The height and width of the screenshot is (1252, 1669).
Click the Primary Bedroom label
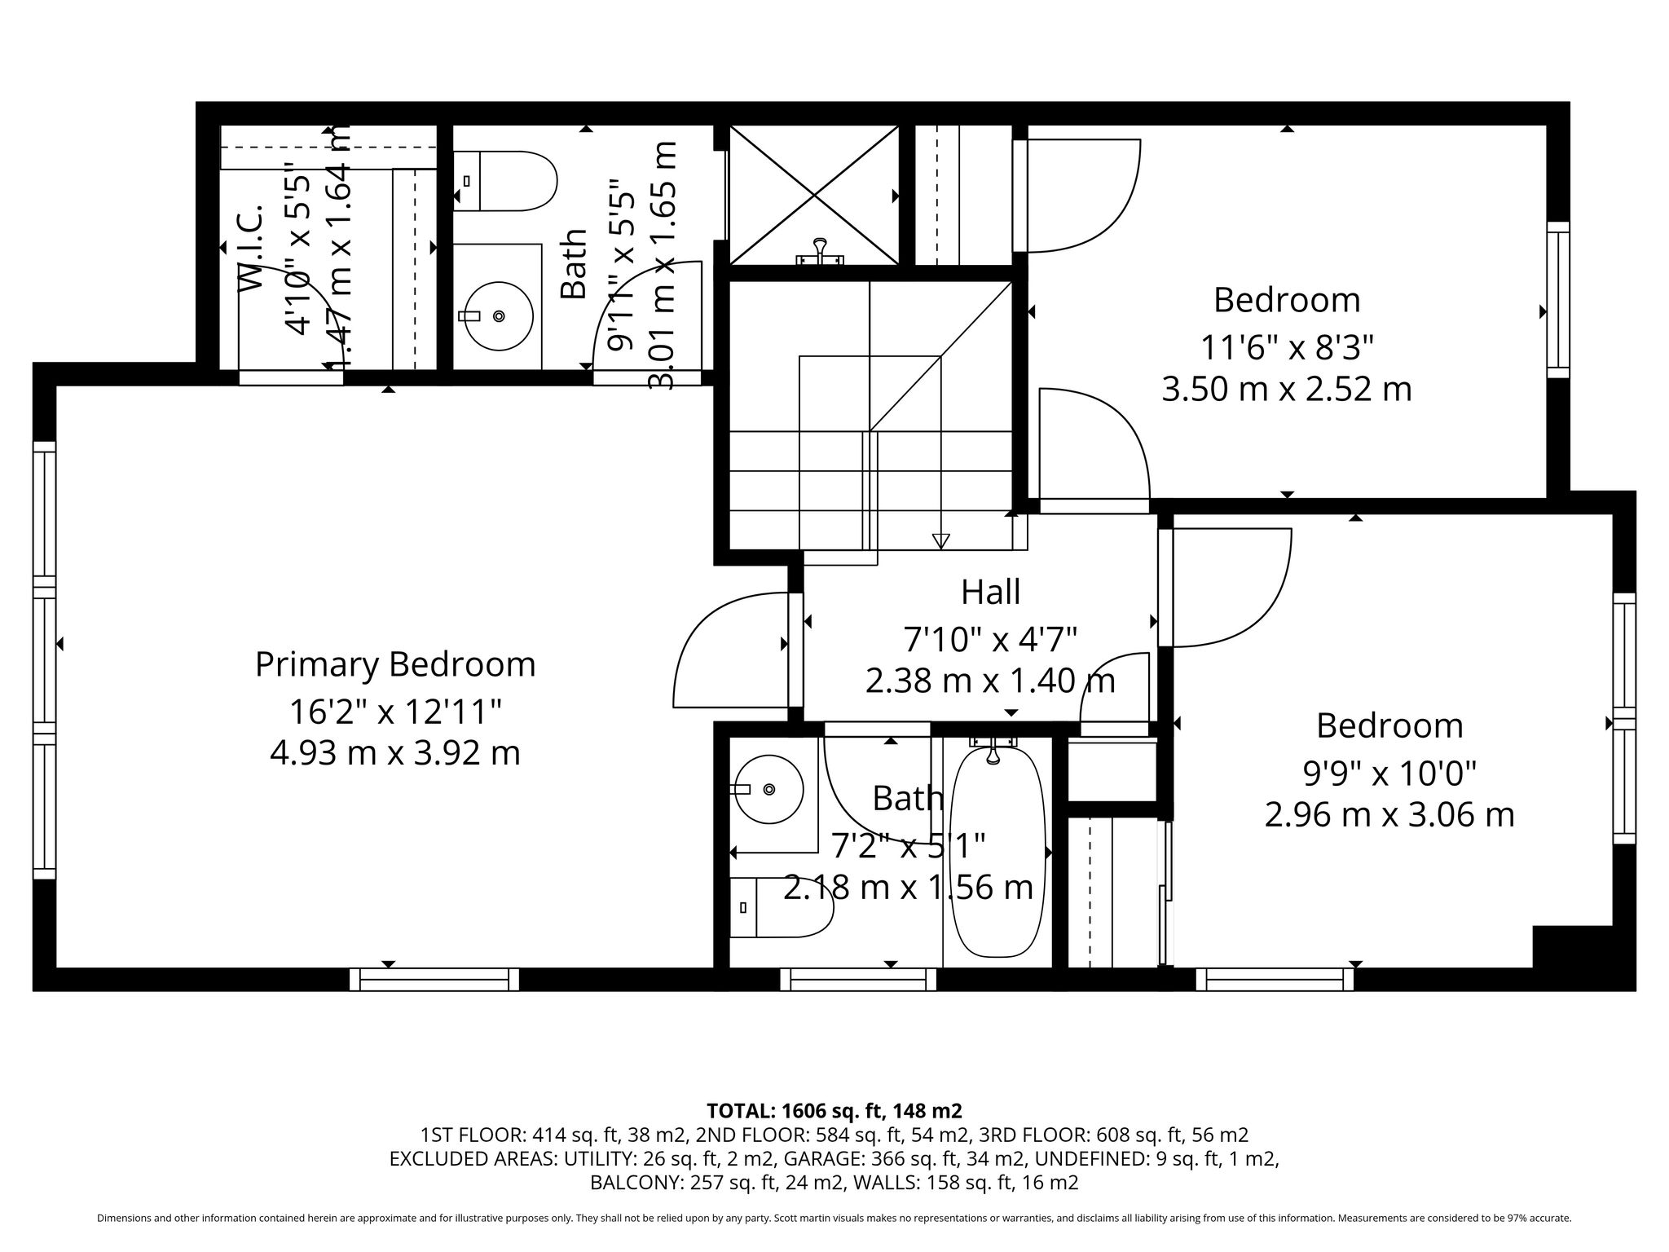point(395,664)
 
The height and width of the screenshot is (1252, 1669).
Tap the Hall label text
point(990,593)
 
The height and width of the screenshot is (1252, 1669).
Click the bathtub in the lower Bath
point(996,852)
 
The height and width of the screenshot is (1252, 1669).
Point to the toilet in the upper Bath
point(504,181)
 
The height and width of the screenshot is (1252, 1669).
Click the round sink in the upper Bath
point(496,315)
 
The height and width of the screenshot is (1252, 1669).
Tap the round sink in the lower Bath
point(768,788)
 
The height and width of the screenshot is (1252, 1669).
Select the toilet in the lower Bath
point(782,907)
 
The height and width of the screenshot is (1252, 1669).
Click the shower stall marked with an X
point(814,195)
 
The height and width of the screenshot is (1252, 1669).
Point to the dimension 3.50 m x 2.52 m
point(1287,390)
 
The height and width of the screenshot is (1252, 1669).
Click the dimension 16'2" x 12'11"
point(395,712)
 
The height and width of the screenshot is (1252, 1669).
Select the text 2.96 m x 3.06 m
point(1389,815)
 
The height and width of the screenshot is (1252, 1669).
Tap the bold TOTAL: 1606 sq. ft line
point(834,1110)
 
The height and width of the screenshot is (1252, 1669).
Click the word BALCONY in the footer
point(632,1183)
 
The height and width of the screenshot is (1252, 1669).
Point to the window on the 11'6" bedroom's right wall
point(1558,299)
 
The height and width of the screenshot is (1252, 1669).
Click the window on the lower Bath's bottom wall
point(858,979)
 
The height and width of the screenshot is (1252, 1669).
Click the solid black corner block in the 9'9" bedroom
point(1573,946)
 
